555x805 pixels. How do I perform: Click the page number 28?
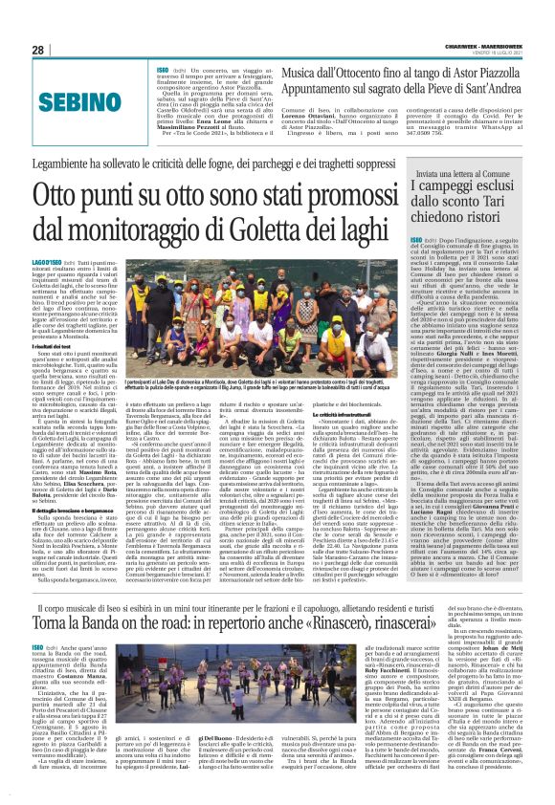point(38,50)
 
